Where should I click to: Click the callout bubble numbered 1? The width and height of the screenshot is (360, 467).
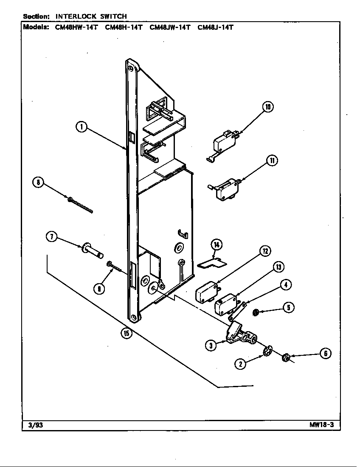[82, 127]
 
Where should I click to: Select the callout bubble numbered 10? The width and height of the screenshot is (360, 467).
[268, 107]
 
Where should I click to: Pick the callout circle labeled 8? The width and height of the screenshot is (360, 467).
[39, 183]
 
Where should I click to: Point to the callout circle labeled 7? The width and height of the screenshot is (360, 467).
[51, 237]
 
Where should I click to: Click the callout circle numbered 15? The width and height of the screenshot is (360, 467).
[126, 333]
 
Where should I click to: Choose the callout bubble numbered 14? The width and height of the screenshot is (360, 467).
[217, 245]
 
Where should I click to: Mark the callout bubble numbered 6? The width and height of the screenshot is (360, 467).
[325, 353]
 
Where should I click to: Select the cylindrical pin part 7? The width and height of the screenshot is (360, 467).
[92, 251]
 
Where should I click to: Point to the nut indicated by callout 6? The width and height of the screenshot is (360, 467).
[286, 358]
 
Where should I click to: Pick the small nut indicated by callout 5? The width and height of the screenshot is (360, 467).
[256, 313]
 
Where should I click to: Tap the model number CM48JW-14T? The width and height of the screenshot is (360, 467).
[170, 28]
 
